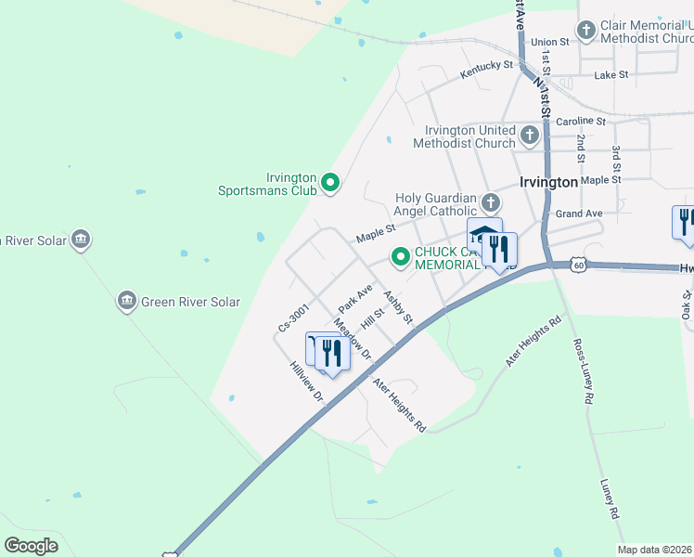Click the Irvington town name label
(549, 183)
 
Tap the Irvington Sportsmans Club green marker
(330, 184)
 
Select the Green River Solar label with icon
(180, 302)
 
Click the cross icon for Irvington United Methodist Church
(529, 136)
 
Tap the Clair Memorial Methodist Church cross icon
(585, 32)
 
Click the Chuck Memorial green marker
(401, 257)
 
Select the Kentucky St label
(487, 67)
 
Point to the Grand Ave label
(579, 214)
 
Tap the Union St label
(550, 42)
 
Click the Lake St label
(611, 74)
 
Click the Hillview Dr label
(306, 382)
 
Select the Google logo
(32, 546)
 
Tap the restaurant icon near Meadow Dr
(332, 354)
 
